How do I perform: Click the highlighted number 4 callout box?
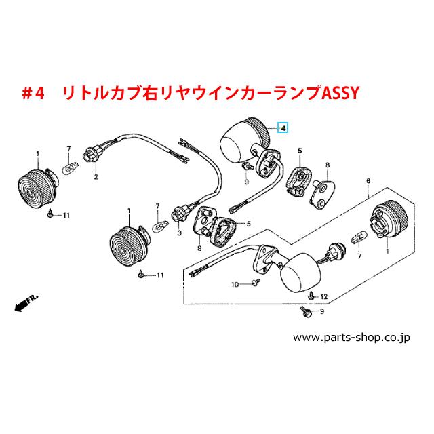point(283,128)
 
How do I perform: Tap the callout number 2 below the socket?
point(96,176)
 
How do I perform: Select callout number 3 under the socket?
point(179,233)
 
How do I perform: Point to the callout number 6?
point(368,181)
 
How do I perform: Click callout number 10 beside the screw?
point(235,285)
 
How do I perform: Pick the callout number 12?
point(324,297)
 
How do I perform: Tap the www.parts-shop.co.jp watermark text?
point(351,338)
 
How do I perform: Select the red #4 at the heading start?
point(33,94)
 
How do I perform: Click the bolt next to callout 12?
point(311,296)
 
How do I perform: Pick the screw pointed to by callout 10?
point(256,282)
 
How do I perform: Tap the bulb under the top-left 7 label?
point(71,167)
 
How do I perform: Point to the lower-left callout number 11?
point(160,275)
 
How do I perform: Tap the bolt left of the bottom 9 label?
point(306,311)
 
